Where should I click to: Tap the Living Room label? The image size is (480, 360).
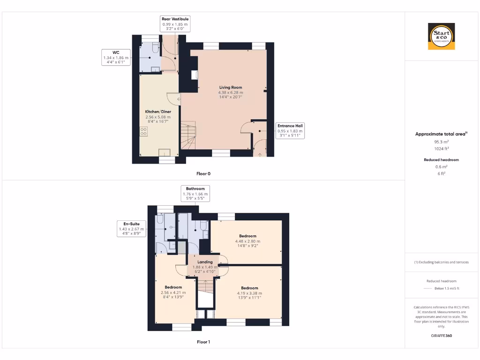230,87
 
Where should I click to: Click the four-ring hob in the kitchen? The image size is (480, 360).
143,132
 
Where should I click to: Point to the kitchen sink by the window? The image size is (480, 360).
165,152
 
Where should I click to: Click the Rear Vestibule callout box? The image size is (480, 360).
175,23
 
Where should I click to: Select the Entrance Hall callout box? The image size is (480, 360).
290,131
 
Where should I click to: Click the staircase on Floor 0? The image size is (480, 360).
188,136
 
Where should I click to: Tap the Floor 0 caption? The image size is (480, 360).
203,174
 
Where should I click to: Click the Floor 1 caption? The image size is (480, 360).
203,342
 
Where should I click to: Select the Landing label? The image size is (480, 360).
205,262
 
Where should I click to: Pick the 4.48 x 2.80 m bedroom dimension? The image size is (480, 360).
247,241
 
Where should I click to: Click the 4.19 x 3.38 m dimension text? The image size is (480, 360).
249,293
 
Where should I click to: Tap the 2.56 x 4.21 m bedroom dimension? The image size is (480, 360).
173,292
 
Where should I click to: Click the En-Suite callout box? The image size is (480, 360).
131,229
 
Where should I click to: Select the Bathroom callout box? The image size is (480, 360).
195,193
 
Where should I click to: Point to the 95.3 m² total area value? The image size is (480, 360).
441,141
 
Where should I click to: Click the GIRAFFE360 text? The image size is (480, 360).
441,336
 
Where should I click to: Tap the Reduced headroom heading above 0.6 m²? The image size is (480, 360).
441,160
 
